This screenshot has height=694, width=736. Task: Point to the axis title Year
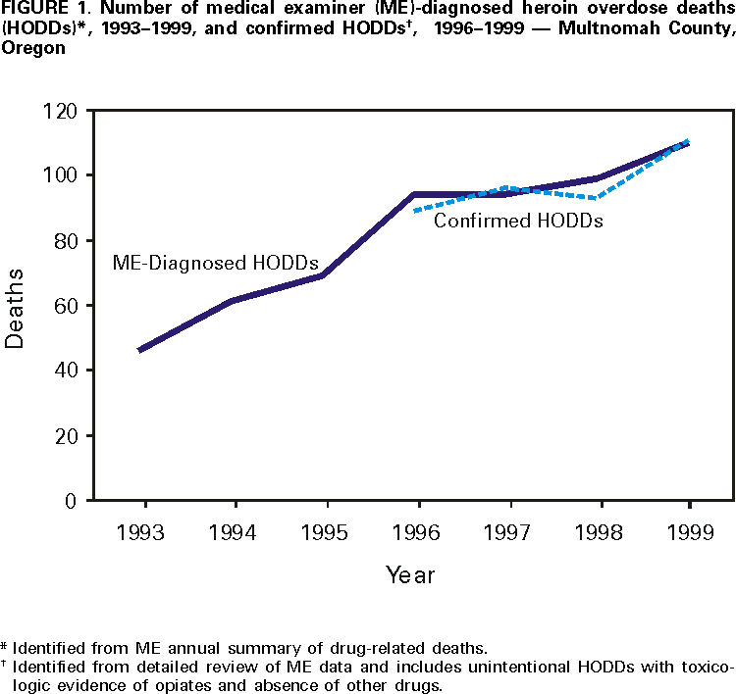point(409,574)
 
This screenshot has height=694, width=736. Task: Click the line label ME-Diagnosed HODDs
point(215,263)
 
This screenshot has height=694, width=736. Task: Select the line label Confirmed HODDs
point(518,221)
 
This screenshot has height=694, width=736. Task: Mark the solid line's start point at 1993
point(140,350)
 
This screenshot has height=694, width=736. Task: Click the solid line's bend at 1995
point(323,275)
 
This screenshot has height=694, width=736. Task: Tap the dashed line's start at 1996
point(416,211)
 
